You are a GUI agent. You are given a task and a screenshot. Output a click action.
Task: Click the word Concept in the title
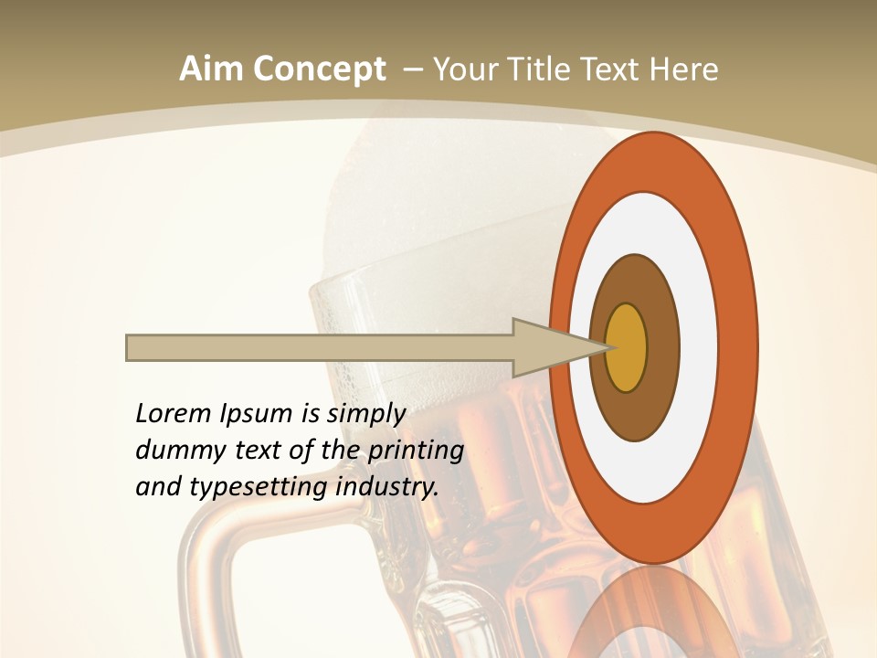[x=319, y=69]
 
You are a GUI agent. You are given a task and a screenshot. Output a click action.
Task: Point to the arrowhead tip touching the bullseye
[x=607, y=347]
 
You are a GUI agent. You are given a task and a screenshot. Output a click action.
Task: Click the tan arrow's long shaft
[x=320, y=347]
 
